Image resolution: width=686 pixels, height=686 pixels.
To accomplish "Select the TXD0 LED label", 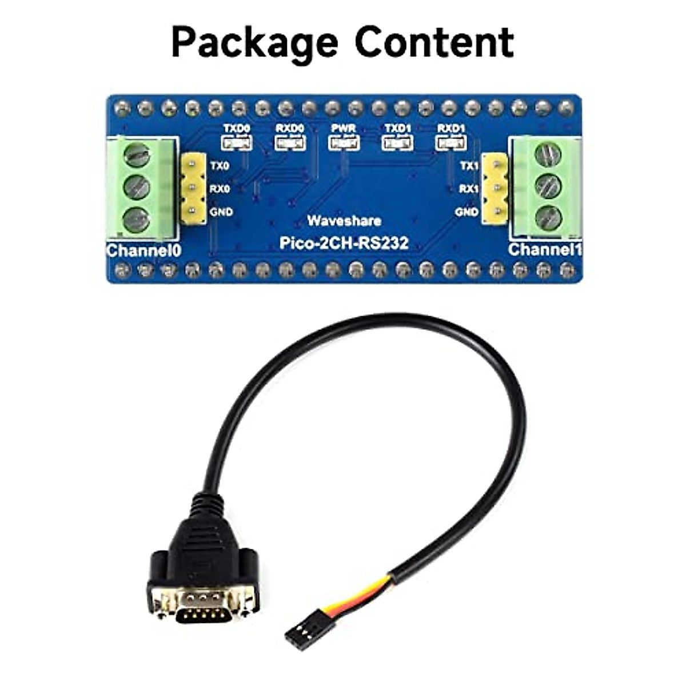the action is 237,128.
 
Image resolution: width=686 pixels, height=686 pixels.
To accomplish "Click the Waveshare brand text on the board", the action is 344,221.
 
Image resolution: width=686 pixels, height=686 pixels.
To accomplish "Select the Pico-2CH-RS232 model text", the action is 344,243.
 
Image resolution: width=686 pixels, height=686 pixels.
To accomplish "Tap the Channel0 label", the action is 143,251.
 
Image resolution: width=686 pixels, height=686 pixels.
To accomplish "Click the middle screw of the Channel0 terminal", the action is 136,186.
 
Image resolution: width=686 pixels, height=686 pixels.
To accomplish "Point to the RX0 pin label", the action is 220,189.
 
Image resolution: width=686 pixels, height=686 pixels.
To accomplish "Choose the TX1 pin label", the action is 469,166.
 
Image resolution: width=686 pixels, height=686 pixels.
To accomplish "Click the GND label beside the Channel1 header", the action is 467,212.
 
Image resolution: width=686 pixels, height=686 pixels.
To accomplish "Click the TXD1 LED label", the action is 397,128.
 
